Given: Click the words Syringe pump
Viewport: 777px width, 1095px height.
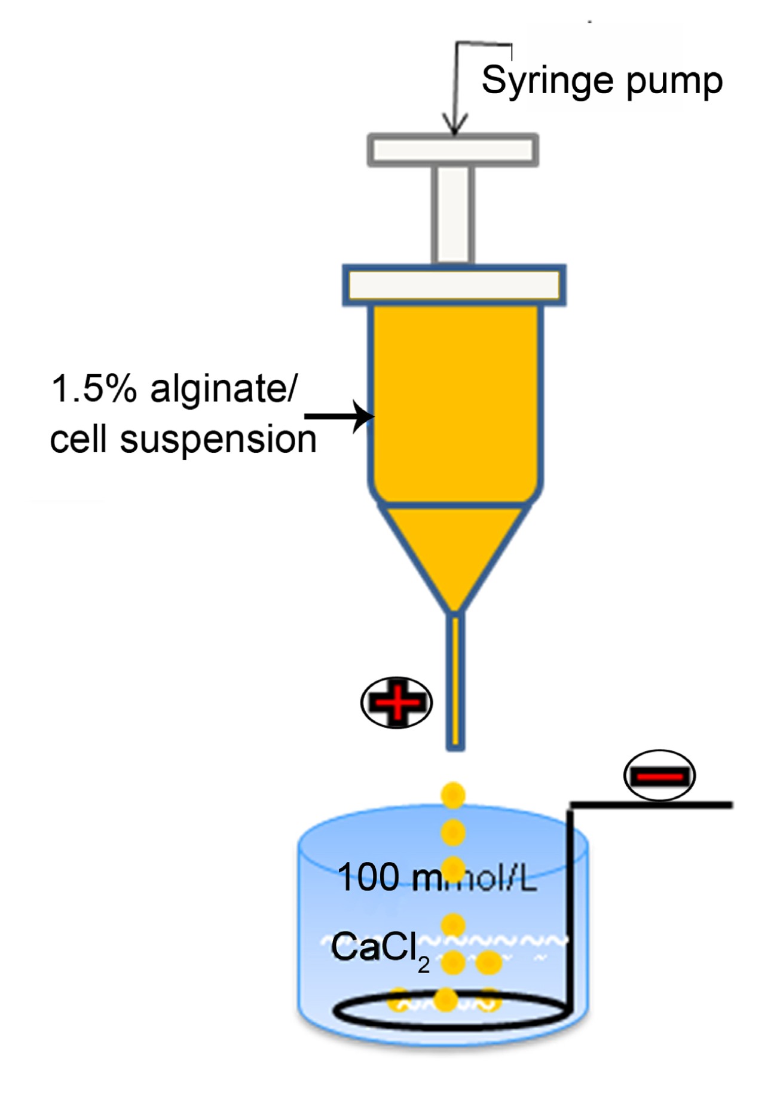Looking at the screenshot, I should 602,81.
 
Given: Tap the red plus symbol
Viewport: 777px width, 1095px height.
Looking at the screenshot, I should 396,702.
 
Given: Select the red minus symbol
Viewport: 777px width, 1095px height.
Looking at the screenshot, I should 659,775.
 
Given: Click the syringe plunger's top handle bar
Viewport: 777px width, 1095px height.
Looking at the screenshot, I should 452,149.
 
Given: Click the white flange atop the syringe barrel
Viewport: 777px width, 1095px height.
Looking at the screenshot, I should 454,285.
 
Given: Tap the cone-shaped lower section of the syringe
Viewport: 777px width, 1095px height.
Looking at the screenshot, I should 454,550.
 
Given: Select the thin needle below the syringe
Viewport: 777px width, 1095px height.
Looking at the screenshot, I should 455,681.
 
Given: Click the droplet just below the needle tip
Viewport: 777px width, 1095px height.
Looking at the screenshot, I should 453,795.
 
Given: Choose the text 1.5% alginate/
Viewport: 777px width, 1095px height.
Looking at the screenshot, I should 173,389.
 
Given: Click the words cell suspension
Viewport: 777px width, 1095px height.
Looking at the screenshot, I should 183,440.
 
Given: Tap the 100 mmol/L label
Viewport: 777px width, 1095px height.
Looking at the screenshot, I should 436,878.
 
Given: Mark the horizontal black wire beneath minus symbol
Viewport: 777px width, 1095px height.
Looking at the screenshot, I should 651,805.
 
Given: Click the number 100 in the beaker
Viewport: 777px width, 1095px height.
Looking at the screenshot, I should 368,878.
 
